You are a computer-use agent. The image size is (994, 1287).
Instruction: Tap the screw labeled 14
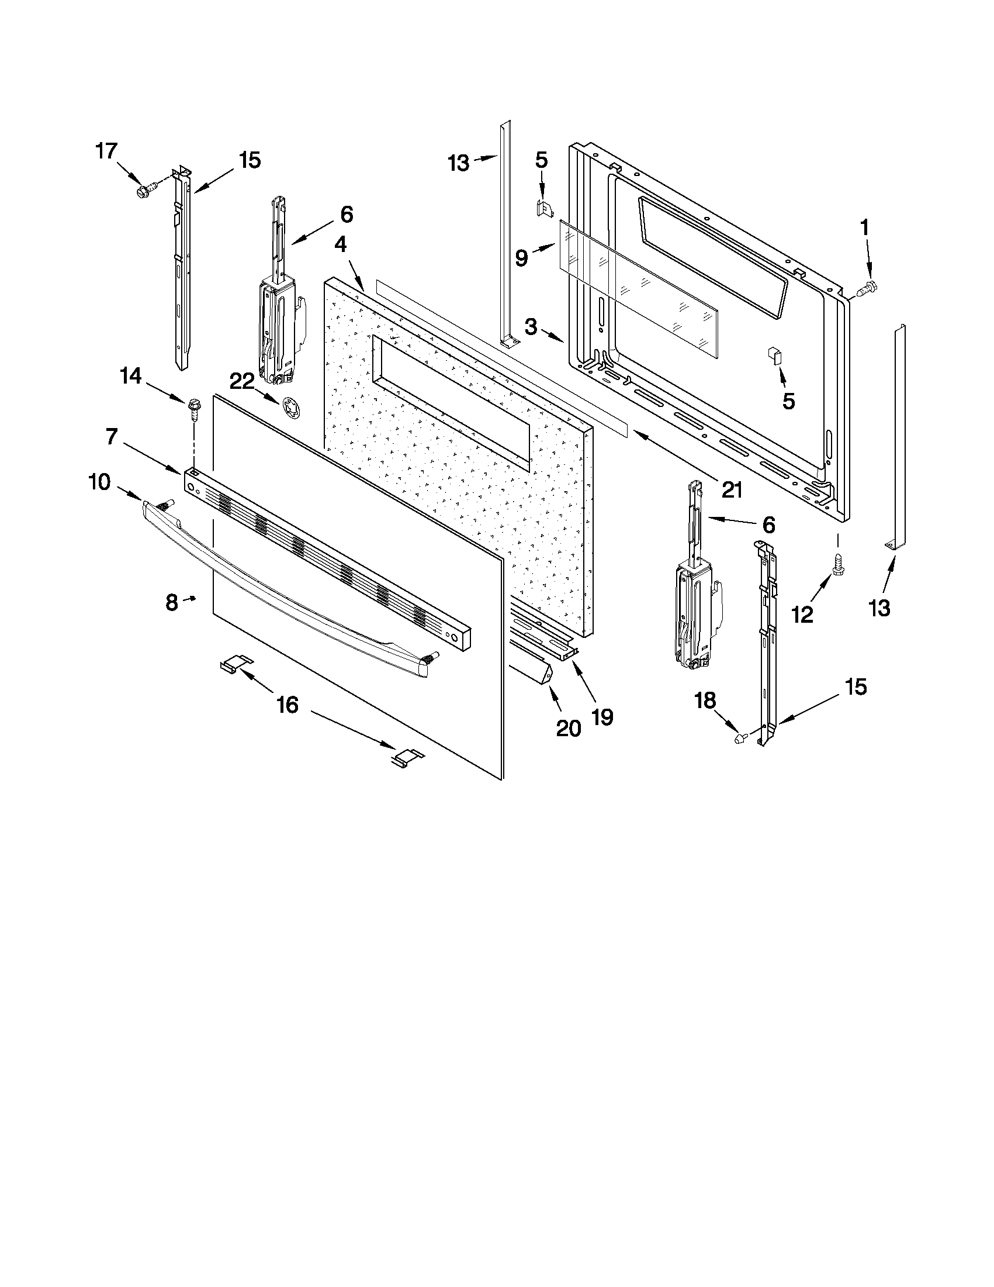tap(193, 409)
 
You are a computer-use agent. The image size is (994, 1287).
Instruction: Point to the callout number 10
tap(99, 482)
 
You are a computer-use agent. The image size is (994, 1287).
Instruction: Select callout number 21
tap(732, 489)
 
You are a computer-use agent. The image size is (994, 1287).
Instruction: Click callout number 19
tap(601, 716)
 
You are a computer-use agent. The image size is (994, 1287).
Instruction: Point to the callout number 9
tap(521, 257)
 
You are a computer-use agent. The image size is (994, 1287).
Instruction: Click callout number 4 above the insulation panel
tap(340, 244)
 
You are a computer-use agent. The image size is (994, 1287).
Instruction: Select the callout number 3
tap(531, 327)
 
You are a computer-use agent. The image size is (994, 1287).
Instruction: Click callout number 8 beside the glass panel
tap(171, 602)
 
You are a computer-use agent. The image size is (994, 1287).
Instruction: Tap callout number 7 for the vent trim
tap(112, 437)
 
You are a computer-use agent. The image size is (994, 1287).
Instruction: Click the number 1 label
tap(864, 227)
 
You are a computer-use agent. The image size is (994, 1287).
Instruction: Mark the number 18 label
tap(705, 700)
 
